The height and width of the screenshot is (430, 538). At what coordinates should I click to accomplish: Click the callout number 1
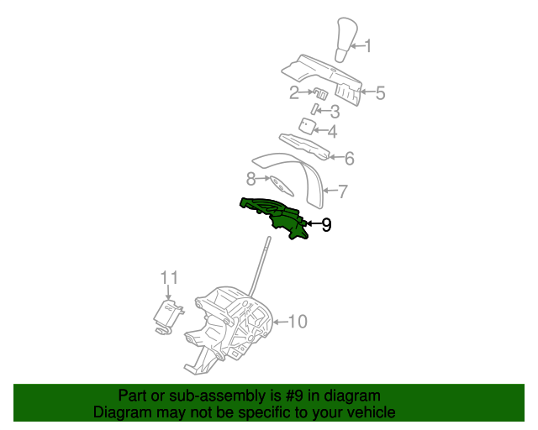367,47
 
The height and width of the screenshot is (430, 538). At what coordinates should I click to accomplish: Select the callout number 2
294,92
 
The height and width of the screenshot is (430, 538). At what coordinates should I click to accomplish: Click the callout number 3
334,112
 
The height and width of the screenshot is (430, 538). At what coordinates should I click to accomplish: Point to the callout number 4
333,132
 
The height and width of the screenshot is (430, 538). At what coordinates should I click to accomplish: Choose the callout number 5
380,92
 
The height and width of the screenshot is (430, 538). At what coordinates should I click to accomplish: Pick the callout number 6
349,158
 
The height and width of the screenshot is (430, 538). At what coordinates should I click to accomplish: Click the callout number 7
342,191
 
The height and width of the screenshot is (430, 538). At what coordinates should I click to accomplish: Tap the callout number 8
251,179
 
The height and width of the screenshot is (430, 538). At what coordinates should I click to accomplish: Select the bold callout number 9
326,224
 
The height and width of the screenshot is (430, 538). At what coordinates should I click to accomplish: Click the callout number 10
298,321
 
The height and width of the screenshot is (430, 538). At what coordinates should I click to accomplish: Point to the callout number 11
170,277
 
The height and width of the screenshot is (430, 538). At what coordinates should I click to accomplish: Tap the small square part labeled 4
308,126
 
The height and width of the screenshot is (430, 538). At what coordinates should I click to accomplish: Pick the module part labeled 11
167,314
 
